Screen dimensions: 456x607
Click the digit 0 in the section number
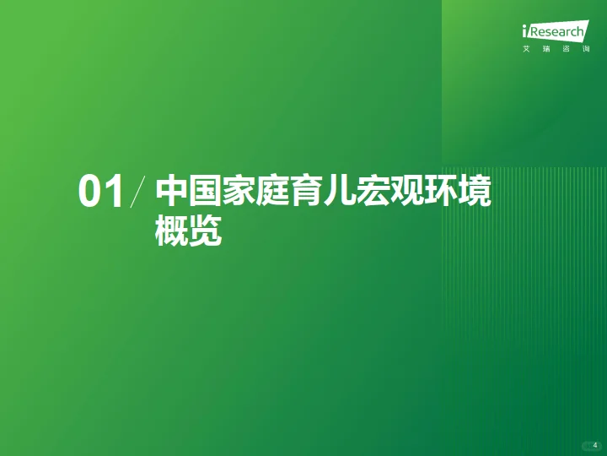point(90,193)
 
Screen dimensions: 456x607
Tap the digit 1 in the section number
point(113,193)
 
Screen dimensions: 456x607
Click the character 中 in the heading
point(171,192)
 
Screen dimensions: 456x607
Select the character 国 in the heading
point(206,192)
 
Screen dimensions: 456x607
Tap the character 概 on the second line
point(171,231)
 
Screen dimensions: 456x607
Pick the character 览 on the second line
point(206,231)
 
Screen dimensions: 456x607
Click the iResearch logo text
point(554,32)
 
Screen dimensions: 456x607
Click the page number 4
point(594,444)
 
